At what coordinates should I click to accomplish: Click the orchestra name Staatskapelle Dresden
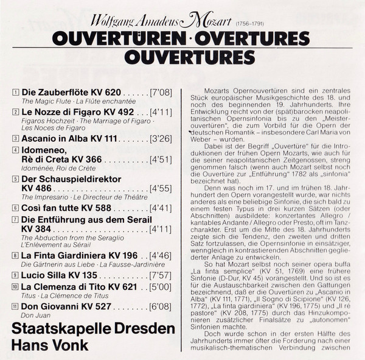(93, 329)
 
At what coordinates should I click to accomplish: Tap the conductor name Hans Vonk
(50, 345)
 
